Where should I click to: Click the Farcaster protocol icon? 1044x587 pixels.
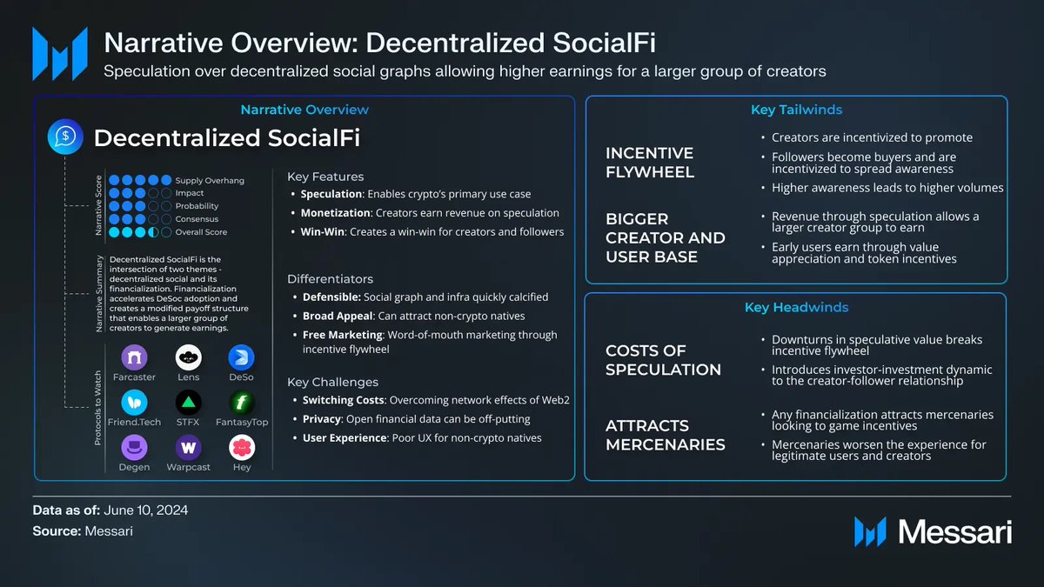coord(134,357)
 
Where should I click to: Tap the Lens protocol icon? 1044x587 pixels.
coord(188,357)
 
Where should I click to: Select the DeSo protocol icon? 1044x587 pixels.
coord(241,357)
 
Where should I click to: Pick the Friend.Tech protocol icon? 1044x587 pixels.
coord(134,403)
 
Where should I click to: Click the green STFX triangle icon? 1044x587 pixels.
coord(188,403)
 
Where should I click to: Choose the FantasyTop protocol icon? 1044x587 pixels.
coord(241,403)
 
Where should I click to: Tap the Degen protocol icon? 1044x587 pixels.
coord(134,448)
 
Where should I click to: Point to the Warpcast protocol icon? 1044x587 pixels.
coord(188,448)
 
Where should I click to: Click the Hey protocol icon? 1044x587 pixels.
coord(241,448)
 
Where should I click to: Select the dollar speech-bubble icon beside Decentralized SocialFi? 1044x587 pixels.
coord(64,137)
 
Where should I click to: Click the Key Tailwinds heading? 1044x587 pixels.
coord(796,110)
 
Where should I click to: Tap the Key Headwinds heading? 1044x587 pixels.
coord(796,307)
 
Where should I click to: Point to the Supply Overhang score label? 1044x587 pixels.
coord(210,180)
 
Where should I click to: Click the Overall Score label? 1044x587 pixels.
coord(202,232)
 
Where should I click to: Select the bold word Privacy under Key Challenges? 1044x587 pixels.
coord(322,419)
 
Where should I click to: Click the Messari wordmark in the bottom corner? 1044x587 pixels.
coord(954,531)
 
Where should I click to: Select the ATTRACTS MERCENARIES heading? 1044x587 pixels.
coord(666,435)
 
